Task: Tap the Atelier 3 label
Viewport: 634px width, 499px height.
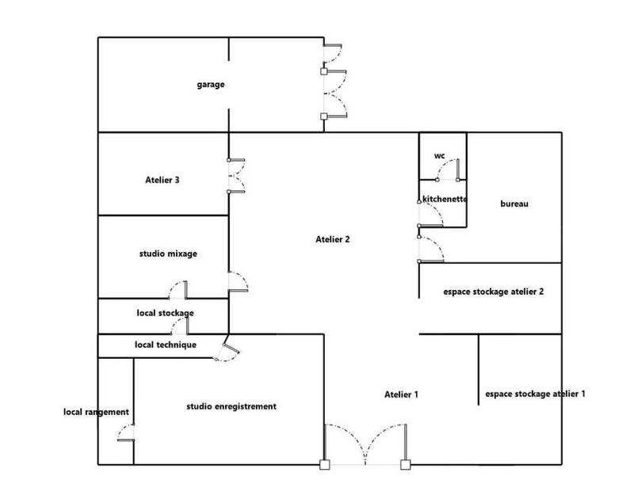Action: click(x=162, y=180)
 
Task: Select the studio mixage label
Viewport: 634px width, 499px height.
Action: click(x=168, y=254)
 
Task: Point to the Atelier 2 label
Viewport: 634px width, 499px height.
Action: click(x=333, y=238)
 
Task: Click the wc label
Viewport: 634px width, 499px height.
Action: click(x=439, y=156)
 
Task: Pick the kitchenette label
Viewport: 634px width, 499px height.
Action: click(x=444, y=199)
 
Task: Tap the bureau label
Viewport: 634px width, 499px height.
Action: click(x=514, y=204)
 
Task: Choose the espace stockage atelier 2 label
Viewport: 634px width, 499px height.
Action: click(x=493, y=291)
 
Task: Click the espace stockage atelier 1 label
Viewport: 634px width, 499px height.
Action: click(x=534, y=393)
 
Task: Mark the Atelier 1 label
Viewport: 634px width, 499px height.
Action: click(x=401, y=394)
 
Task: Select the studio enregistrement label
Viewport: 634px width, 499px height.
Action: click(x=231, y=406)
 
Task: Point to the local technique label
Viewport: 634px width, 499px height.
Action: click(x=166, y=345)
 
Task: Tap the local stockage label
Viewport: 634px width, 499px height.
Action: click(x=165, y=313)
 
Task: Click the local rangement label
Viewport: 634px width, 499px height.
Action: click(x=97, y=411)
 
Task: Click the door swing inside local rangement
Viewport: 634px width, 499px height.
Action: click(x=125, y=432)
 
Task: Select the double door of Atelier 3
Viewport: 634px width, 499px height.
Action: click(x=237, y=176)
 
